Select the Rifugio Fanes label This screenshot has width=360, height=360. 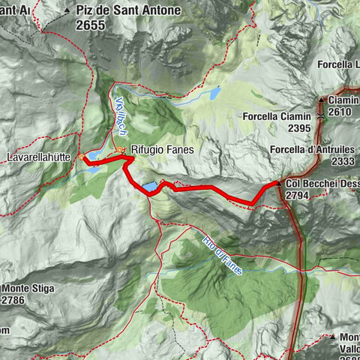(162, 149)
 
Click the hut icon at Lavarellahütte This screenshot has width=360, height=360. (82, 157)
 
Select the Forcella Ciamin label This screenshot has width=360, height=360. (275, 117)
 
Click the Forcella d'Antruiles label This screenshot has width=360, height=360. (313, 150)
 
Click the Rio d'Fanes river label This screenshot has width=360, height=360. (223, 255)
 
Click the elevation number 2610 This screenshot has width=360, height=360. (343, 111)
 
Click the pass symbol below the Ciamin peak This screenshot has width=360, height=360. (321, 116)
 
